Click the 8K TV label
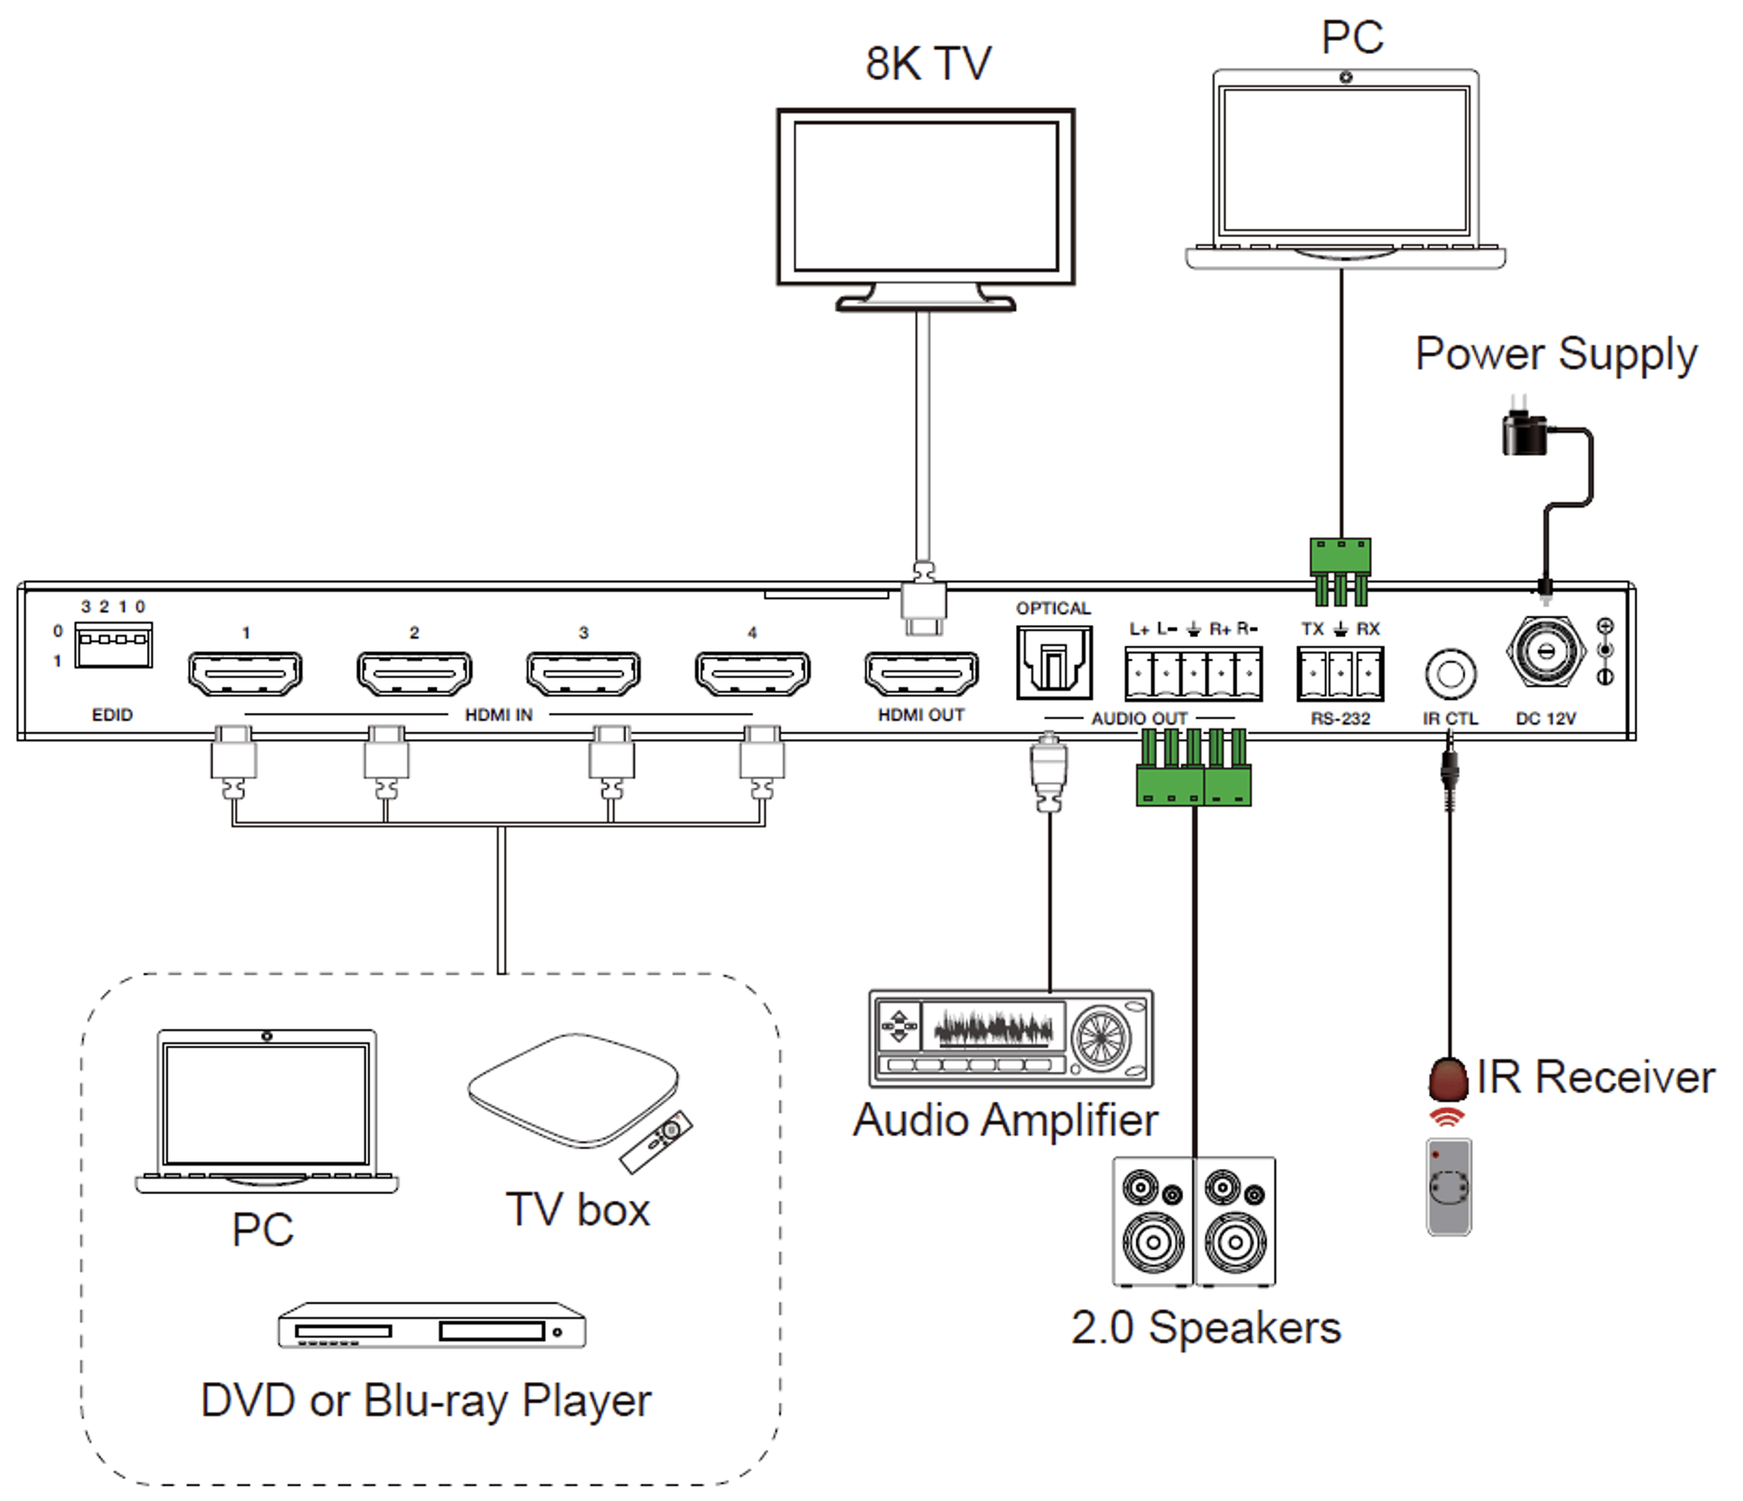pos(928,64)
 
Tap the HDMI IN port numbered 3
pos(583,673)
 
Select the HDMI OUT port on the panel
pos(921,673)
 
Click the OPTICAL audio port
pos(1053,663)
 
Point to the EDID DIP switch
pos(112,645)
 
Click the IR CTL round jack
pos(1450,673)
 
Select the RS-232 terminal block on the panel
pos(1340,673)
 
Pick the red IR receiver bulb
pos(1448,1079)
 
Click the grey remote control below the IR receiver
pos(1448,1187)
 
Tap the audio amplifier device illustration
pos(1010,1039)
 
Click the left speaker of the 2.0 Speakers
pos(1152,1221)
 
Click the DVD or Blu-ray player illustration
pos(432,1326)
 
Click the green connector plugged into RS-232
pos(1340,570)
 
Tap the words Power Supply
pos(1555,354)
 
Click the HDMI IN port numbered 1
pos(245,673)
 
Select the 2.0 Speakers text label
pos(1205,1329)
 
